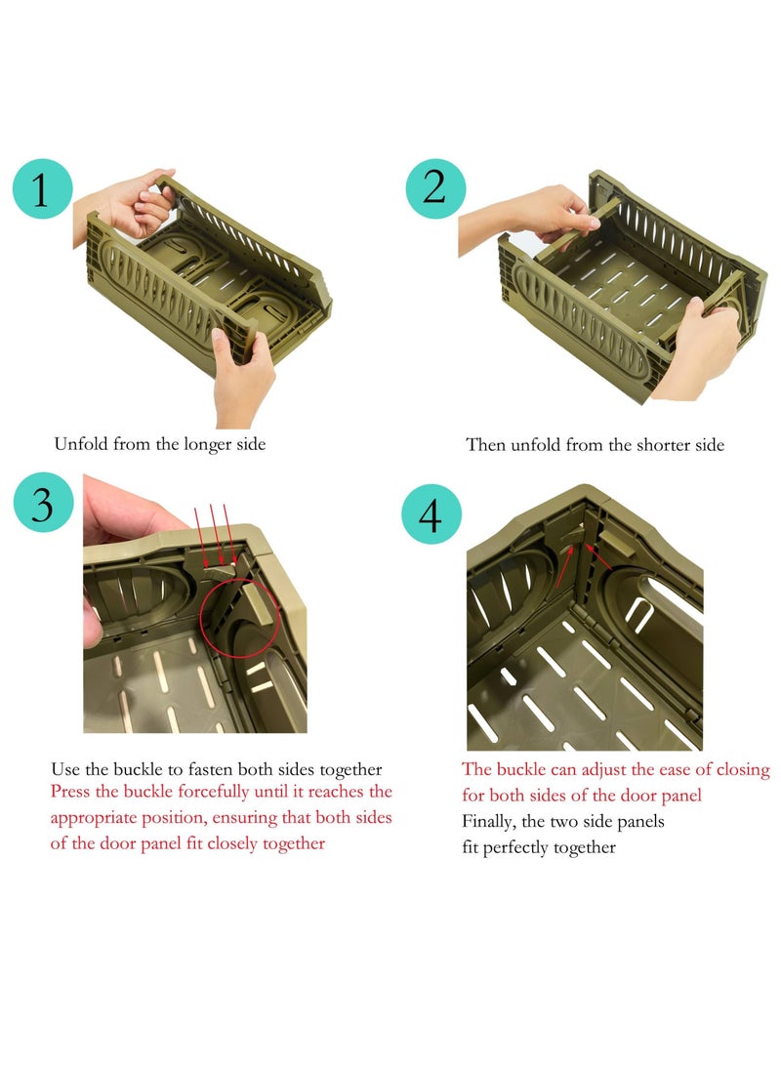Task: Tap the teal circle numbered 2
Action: pos(435,188)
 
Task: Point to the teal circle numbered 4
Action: pos(431,513)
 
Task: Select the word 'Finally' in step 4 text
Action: pos(488,822)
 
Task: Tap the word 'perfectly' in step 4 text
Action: pos(550,847)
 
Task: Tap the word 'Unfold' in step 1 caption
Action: pos(81,445)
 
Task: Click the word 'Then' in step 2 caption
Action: pos(486,446)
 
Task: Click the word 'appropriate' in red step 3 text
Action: pos(101,818)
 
